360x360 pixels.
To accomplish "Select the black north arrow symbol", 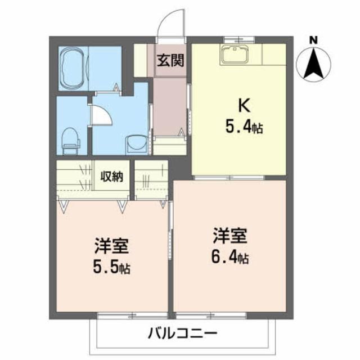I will pyautogui.click(x=313, y=64).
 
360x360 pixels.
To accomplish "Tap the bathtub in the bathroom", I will pyautogui.click(x=73, y=68).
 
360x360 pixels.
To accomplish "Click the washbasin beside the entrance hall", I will pyautogui.click(x=135, y=144).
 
